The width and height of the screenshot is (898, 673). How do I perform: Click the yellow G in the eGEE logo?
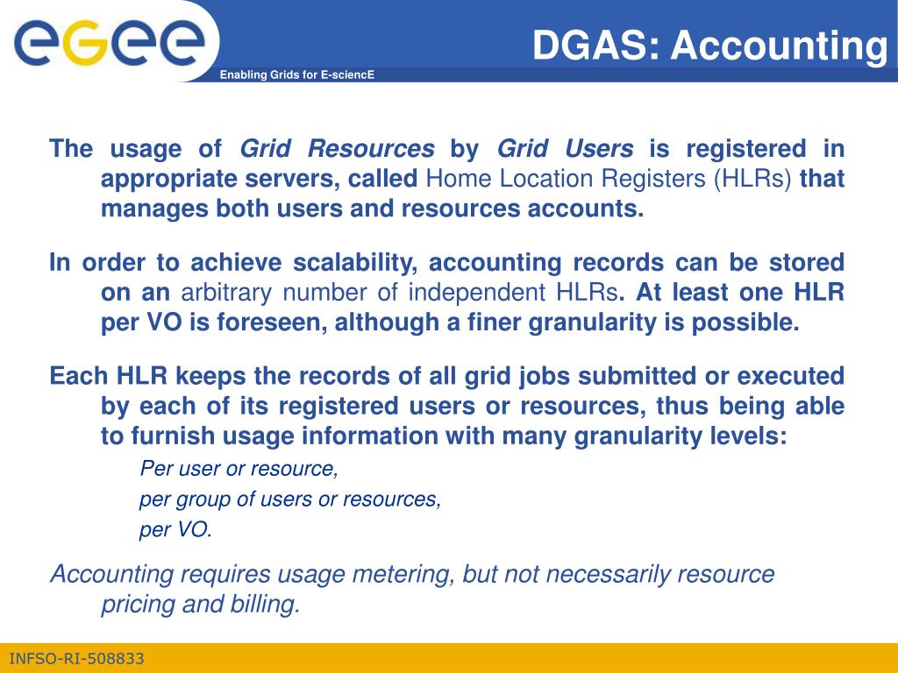click(x=85, y=44)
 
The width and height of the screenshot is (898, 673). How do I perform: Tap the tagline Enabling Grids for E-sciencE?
click(x=297, y=75)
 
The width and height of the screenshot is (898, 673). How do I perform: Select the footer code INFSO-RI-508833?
click(x=77, y=659)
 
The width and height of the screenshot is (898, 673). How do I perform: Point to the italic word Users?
click(x=599, y=148)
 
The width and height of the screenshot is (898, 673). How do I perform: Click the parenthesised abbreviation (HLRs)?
click(x=752, y=179)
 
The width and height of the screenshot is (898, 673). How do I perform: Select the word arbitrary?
click(x=226, y=293)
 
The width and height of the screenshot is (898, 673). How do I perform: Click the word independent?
click(x=476, y=293)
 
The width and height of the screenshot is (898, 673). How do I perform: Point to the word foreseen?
click(x=272, y=322)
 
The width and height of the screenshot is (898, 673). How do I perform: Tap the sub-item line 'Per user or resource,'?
click(x=239, y=469)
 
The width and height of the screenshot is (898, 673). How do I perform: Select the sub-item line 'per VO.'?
click(x=175, y=529)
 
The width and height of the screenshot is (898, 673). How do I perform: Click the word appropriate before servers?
click(x=169, y=179)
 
